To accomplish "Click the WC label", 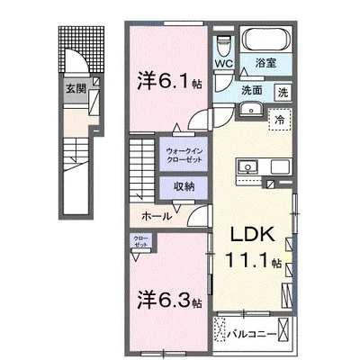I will point(224,65).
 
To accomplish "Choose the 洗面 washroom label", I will point(251,91).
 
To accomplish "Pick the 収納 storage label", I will point(184,186).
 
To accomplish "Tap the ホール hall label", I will point(157,217).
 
